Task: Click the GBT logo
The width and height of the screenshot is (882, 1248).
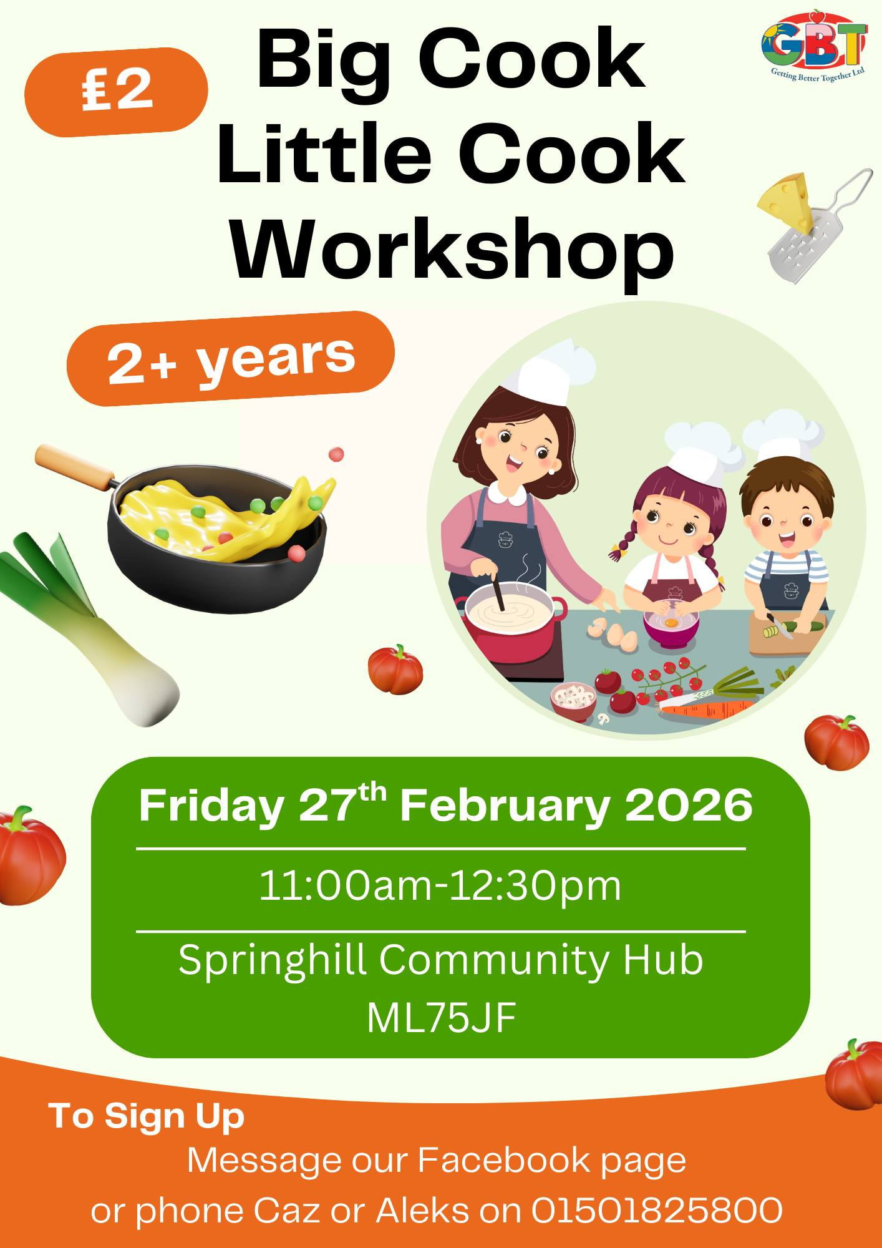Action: (815, 46)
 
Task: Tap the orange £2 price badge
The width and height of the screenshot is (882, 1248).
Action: (116, 92)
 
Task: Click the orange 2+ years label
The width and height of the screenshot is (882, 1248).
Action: (231, 358)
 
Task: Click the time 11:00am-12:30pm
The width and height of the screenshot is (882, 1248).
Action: (440, 885)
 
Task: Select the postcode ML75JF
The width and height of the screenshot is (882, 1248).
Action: (441, 1018)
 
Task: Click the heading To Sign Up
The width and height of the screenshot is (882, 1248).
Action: (147, 1116)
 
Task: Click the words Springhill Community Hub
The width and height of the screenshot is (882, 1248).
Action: (441, 959)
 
